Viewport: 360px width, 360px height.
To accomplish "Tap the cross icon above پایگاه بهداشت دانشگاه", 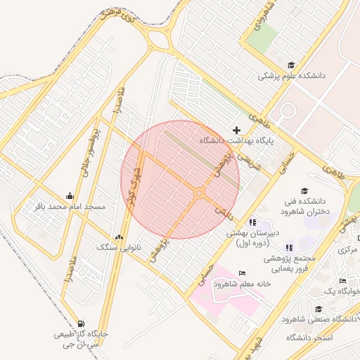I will point(237,130).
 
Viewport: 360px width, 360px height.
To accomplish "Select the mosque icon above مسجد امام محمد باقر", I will point(70,196).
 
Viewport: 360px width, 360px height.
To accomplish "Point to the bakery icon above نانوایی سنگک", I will point(118,238).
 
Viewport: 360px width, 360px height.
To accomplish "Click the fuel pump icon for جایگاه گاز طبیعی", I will point(84,323).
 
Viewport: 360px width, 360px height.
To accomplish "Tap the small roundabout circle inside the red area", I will point(200,193).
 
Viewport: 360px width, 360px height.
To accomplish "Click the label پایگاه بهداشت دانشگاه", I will point(236,141).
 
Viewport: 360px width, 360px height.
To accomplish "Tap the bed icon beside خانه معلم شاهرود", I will point(243,273).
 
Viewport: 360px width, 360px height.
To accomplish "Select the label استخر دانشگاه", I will point(309,338).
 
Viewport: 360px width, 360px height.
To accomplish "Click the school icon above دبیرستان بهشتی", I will point(253,222).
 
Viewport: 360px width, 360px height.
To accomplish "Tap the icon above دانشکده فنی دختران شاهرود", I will point(304,191).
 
